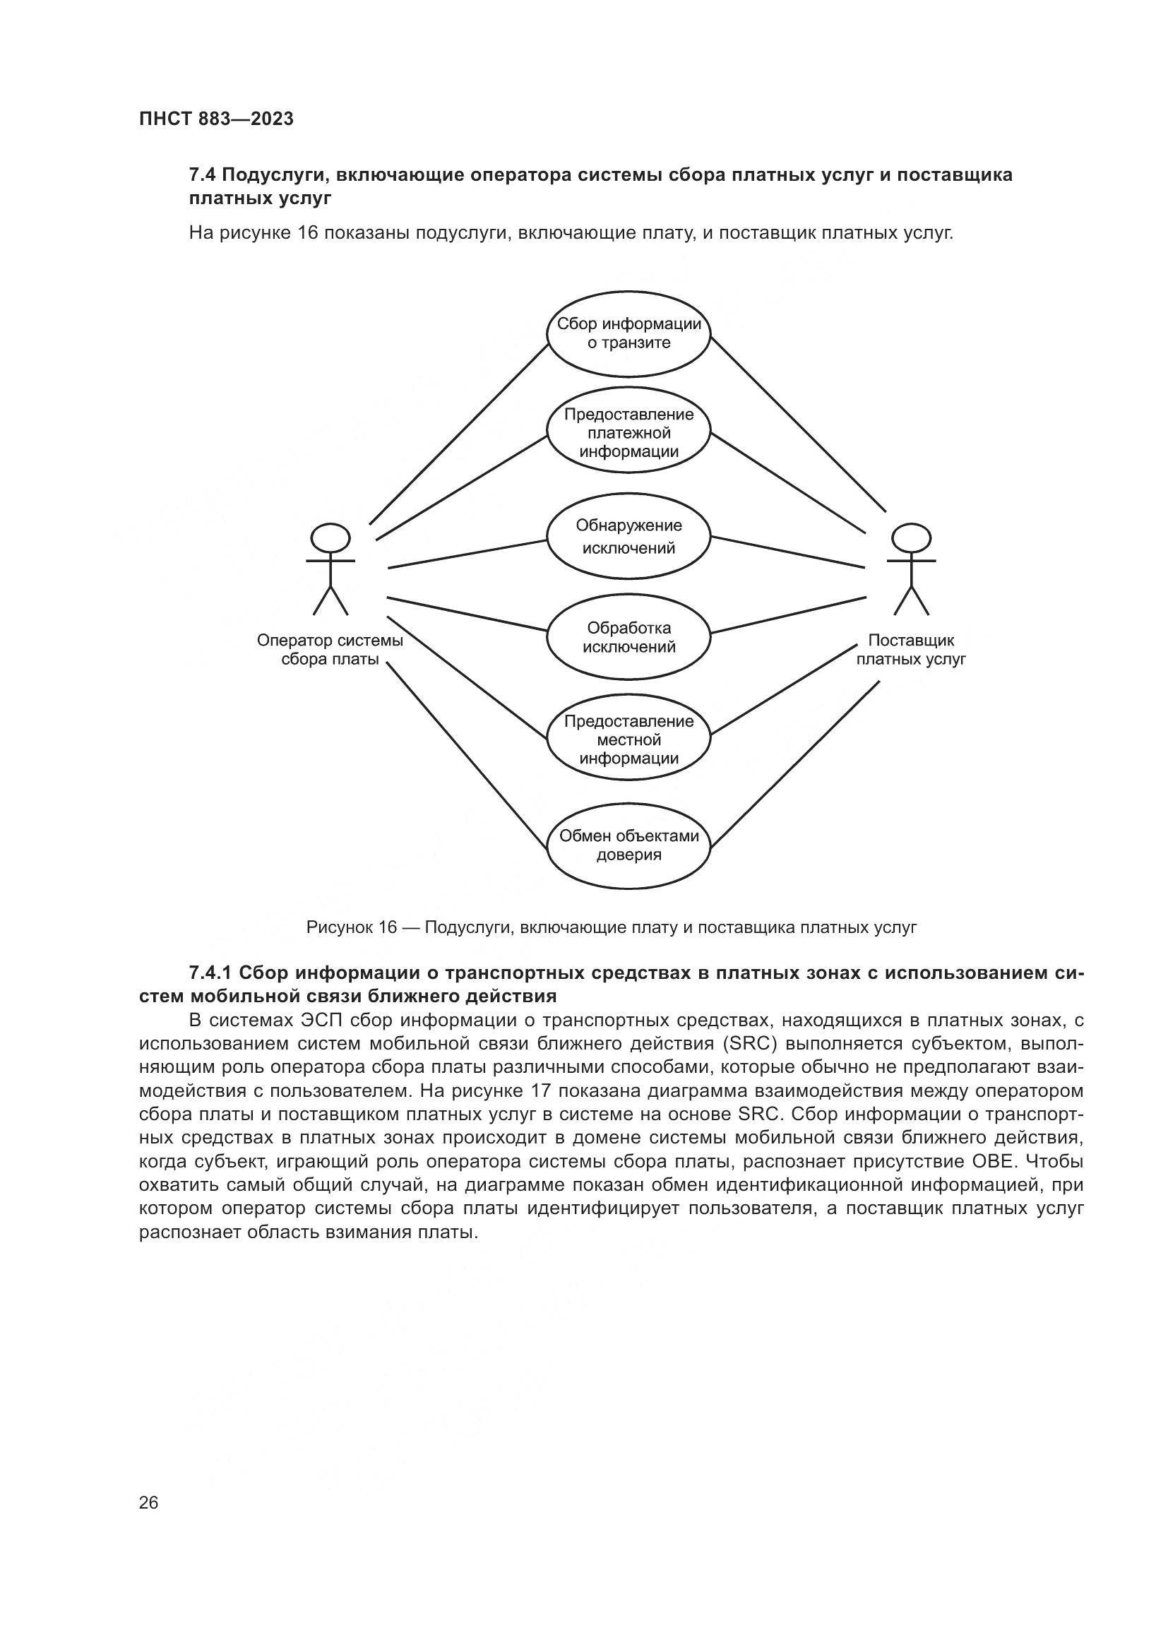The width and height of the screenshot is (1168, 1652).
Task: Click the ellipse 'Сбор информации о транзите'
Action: [628, 333]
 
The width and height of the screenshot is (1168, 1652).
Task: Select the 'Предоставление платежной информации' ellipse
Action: [628, 432]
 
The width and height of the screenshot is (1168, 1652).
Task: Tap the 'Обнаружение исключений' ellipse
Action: [628, 536]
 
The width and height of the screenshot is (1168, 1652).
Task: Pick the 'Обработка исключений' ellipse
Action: [628, 637]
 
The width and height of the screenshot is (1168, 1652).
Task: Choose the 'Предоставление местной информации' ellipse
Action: [628, 739]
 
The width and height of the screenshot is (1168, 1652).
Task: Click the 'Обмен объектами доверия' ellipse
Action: [628, 845]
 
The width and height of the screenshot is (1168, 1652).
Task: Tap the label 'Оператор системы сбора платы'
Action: [330, 649]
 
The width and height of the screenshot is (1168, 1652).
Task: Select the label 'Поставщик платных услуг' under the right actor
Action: [911, 649]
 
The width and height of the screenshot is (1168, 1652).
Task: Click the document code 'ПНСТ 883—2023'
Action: [217, 119]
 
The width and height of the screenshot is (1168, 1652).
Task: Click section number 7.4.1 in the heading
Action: [210, 973]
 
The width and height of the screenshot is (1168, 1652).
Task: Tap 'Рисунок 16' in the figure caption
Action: [351, 927]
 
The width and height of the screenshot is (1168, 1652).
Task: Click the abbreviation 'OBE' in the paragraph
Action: [994, 1162]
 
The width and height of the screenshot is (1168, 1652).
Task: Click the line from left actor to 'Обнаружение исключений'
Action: [467, 554]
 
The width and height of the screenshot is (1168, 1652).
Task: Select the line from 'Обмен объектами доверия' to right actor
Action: [794, 763]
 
